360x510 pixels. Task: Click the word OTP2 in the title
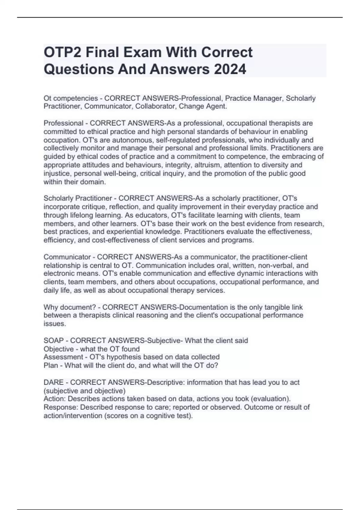pos(62,52)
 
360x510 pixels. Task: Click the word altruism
pos(207,165)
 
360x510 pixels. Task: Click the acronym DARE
pos(53,382)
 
